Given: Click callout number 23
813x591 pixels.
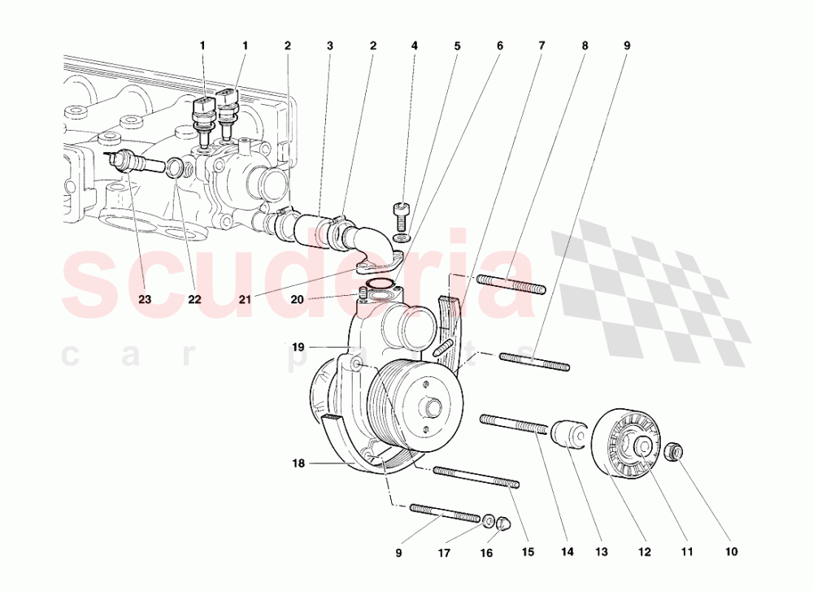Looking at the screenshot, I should point(144,299).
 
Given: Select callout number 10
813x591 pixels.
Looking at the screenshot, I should point(731,553).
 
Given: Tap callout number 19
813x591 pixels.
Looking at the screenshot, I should point(298,347).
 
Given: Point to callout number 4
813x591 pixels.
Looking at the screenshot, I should point(414,46).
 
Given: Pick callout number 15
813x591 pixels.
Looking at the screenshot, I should point(528,553).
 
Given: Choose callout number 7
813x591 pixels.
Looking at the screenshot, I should point(541,46).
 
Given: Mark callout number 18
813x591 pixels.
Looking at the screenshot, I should point(298,463).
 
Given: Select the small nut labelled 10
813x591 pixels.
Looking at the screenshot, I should point(674,451).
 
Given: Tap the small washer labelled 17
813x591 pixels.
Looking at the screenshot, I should point(489,520).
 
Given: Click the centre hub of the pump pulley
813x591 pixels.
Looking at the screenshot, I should point(430,406).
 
